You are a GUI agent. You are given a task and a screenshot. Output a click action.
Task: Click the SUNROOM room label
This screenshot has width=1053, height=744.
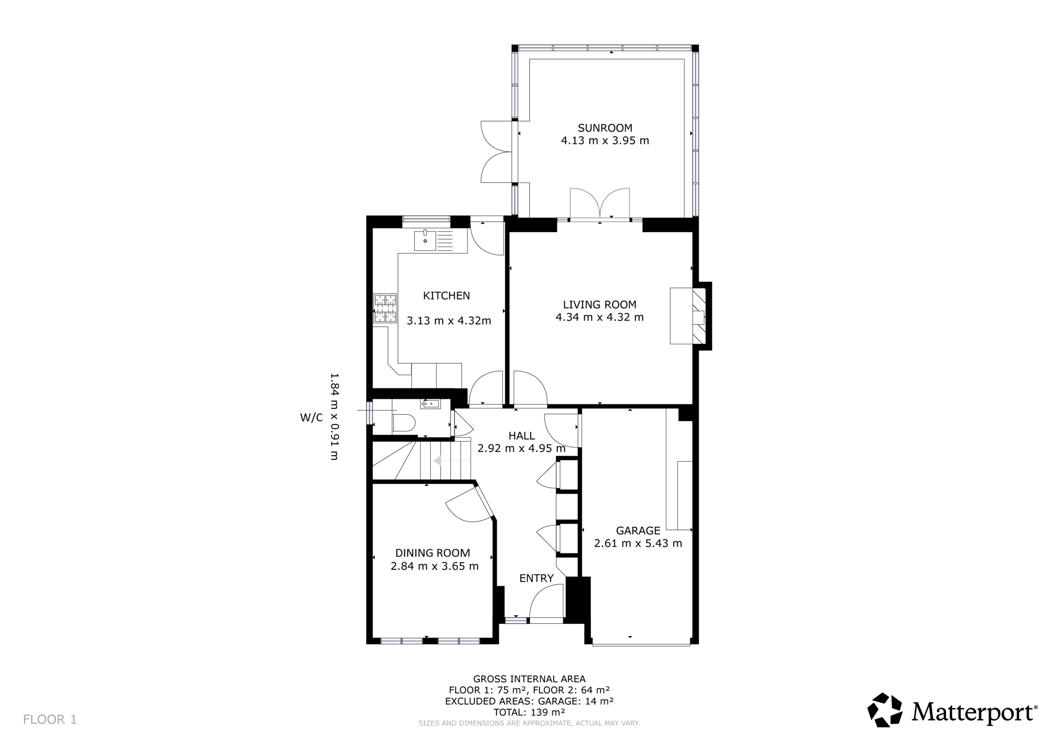(605, 128)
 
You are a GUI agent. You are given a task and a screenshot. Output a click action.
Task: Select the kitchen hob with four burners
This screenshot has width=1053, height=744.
(386, 308)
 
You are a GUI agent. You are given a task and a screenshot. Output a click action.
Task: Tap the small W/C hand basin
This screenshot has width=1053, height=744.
(430, 404)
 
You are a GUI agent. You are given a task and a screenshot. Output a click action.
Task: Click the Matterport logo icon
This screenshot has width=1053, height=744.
(885, 710)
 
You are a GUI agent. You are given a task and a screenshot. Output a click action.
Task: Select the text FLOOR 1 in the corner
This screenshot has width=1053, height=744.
(50, 719)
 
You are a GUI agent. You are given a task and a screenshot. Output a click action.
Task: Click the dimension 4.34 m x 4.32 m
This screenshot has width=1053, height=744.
(600, 317)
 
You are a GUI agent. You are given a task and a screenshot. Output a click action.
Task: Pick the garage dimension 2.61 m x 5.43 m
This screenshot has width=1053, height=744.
(638, 543)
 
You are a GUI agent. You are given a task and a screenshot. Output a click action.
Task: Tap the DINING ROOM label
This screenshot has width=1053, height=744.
(432, 553)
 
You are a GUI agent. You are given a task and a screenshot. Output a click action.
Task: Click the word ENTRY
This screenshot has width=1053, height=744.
(536, 578)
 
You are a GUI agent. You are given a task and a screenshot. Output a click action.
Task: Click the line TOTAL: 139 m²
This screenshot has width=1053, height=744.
(529, 712)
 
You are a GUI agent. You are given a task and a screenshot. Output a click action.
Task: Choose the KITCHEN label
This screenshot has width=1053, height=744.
(446, 295)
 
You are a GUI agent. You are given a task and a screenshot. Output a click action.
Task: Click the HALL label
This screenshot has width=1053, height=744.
(521, 436)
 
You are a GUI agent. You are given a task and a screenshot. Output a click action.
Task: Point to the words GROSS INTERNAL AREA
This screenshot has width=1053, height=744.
(529, 679)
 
